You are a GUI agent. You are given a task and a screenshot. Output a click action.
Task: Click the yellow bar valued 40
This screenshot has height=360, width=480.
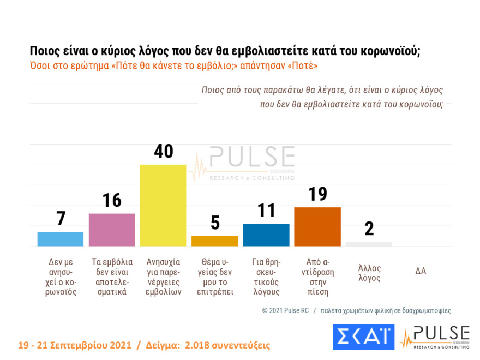163,205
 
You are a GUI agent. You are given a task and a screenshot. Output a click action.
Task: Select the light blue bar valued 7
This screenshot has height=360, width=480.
60,239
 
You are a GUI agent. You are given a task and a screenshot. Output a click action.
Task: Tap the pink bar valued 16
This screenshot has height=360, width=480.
112,230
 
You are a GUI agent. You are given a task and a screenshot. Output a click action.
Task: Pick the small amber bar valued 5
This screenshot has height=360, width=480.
214,241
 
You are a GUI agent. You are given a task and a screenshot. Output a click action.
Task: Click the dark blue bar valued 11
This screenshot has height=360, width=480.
266,235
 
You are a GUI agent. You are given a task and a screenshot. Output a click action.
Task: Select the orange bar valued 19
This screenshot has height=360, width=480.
317,226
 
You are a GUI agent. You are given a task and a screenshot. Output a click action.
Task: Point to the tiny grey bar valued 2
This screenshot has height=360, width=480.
369,244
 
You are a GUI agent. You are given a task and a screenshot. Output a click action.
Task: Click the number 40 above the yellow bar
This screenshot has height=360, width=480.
163,151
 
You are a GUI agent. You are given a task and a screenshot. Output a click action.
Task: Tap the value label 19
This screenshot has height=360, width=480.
317,194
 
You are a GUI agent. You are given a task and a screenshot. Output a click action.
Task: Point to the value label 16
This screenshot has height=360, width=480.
112,200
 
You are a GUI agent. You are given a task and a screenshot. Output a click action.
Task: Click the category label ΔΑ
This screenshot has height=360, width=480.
420,271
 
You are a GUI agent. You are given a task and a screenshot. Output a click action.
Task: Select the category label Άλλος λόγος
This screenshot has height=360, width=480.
369,273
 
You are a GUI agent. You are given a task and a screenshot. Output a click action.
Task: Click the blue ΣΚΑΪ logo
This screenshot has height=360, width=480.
363,337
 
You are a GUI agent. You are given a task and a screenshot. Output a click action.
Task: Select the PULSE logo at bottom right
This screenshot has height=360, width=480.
435,337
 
